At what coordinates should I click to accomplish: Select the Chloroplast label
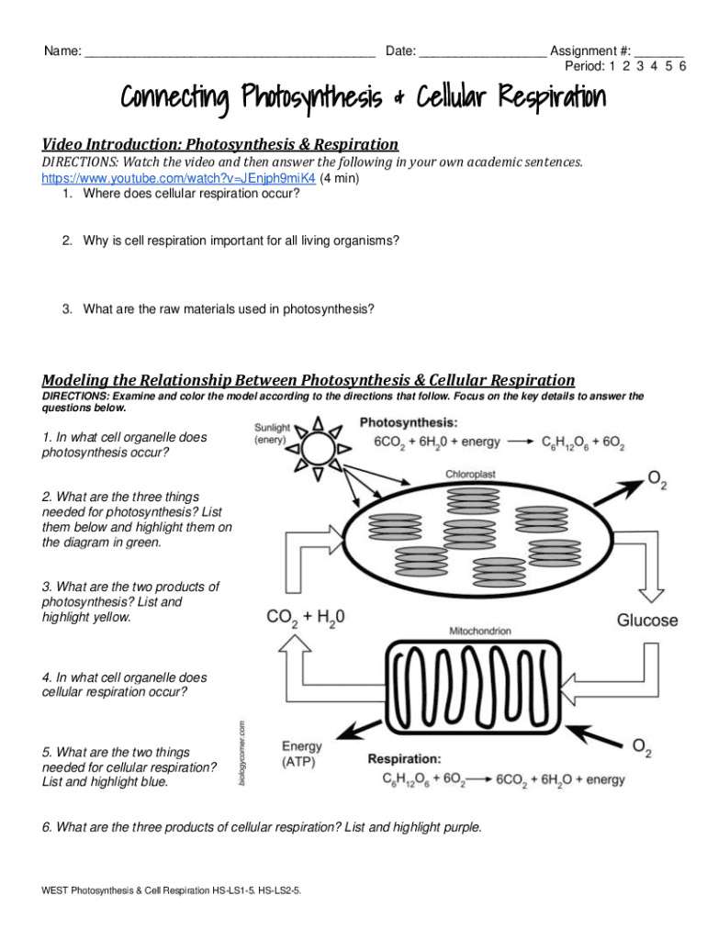point(471,475)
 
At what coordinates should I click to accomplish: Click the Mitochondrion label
point(480,632)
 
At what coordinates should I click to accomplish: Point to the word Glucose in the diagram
point(646,621)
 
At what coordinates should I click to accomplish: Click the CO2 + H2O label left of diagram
point(306,619)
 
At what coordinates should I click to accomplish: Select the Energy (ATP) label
point(302,754)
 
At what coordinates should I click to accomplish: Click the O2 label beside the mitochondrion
point(643,747)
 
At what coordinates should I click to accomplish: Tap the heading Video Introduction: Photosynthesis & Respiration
point(220,144)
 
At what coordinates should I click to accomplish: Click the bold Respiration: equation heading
point(404,759)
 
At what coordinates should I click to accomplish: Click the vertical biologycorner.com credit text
point(241,749)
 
